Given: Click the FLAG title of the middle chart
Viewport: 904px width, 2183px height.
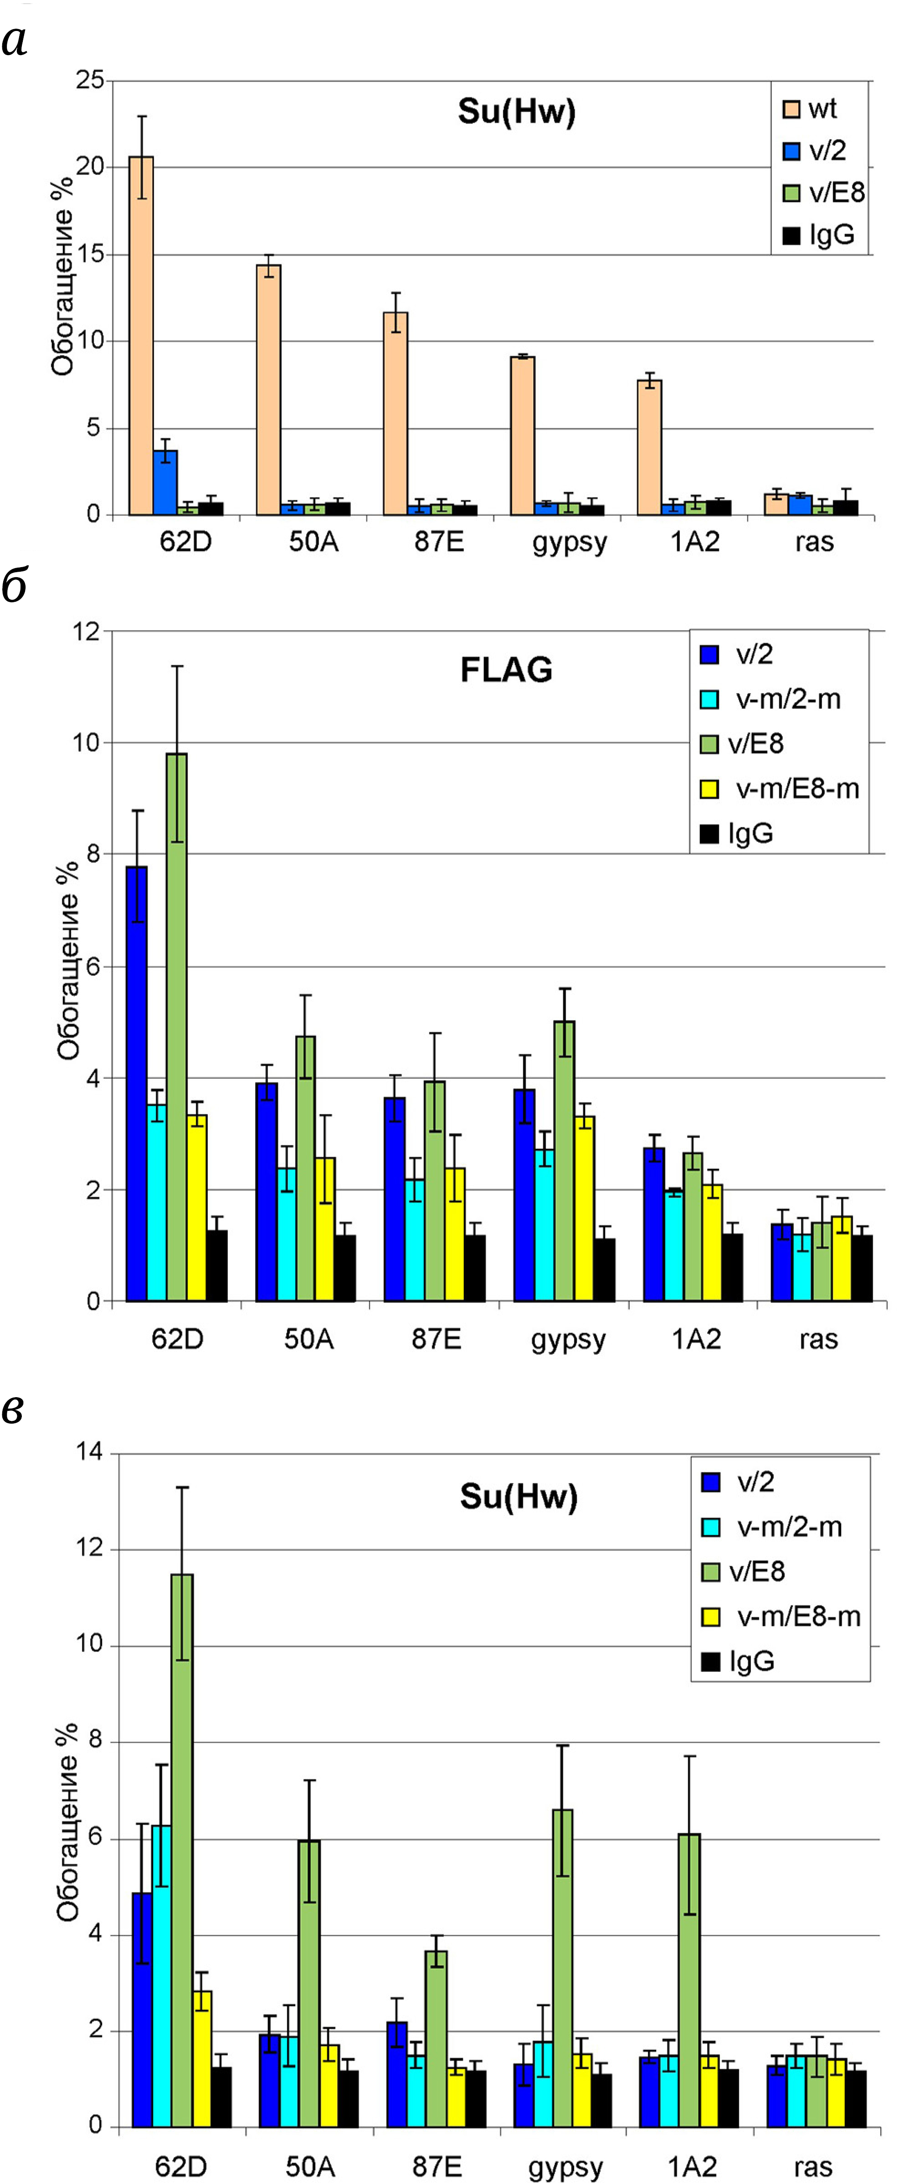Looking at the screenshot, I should coord(506,670).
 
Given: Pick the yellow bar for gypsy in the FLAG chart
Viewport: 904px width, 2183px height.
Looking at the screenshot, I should coord(584,1208).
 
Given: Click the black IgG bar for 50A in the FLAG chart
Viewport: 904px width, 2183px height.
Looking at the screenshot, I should coord(345,1267).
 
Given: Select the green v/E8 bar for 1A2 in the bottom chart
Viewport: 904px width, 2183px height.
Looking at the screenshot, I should coord(689,1979).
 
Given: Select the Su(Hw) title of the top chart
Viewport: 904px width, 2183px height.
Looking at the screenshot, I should coord(517,112).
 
